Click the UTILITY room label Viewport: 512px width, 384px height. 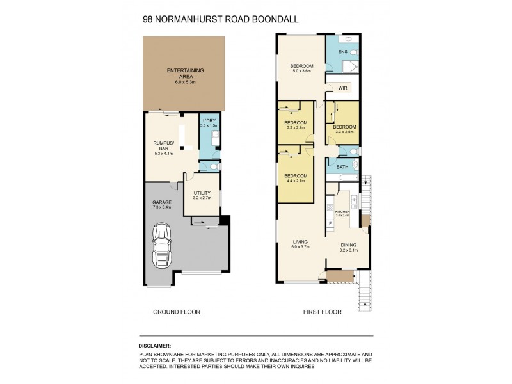point(202,192)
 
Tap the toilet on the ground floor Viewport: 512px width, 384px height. point(214,166)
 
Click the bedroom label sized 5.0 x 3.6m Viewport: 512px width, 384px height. point(301,67)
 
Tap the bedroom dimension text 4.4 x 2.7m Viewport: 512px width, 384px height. point(296,181)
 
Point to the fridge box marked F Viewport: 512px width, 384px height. point(330,223)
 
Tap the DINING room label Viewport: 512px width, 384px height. point(348,244)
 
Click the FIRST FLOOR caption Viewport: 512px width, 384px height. point(322,312)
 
